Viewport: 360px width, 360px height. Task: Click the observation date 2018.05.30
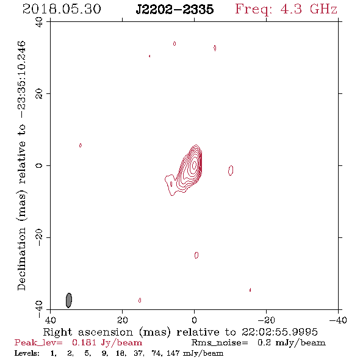point(62,9)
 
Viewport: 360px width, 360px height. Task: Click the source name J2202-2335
point(175,10)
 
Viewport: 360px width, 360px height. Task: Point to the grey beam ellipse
point(69,300)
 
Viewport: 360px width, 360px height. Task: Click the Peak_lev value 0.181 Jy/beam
point(107,342)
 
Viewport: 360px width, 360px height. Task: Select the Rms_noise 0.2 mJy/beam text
point(259,343)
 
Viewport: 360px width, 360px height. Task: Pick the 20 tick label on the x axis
point(123,320)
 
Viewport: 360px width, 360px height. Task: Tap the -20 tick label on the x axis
point(266,320)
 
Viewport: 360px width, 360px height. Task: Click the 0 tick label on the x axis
point(195,320)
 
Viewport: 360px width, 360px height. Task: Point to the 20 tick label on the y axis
point(39,94)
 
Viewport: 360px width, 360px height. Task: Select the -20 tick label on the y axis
point(39,237)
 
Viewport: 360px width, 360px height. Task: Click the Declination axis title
point(21,165)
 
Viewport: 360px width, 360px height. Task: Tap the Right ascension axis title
point(180,332)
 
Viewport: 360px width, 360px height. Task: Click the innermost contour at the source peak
point(195,164)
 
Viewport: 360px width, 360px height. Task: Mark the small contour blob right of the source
point(231,170)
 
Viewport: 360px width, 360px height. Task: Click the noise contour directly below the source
point(196,255)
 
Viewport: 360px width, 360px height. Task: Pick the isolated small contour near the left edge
point(81,145)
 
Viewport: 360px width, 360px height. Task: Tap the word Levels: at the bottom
point(27,353)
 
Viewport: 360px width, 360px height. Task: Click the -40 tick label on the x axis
point(338,320)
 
